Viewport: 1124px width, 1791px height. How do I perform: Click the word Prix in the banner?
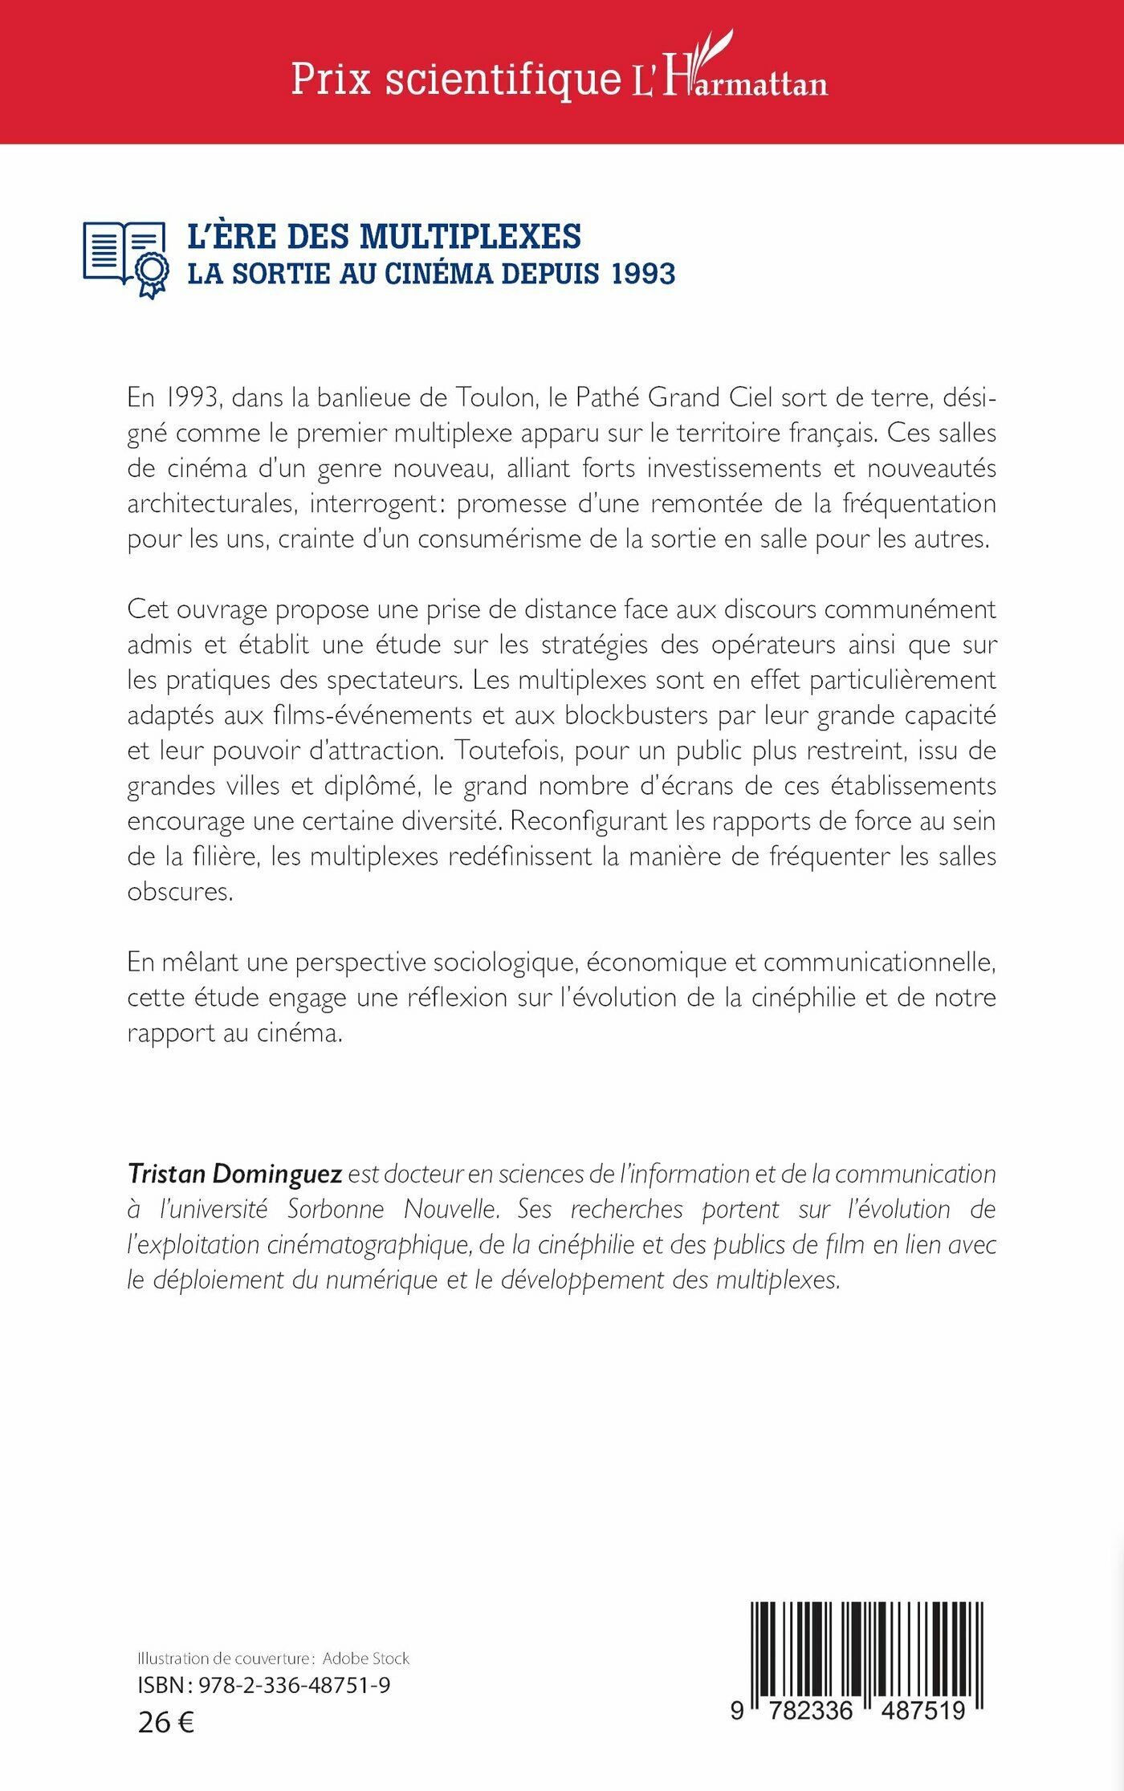pyautogui.click(x=330, y=79)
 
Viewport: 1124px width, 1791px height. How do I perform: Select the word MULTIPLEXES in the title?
pyautogui.click(x=470, y=237)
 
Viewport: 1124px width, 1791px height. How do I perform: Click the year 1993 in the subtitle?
pyautogui.click(x=642, y=274)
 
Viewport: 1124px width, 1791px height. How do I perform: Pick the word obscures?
pyautogui.click(x=180, y=892)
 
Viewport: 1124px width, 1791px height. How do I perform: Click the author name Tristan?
pyautogui.click(x=166, y=1174)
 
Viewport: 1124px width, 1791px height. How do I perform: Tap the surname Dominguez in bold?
pyautogui.click(x=277, y=1174)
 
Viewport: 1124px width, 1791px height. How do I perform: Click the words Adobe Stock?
pyautogui.click(x=365, y=1659)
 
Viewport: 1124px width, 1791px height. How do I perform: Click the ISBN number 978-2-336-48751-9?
pyautogui.click(x=294, y=1685)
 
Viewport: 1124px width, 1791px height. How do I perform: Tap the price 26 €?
pyautogui.click(x=166, y=1722)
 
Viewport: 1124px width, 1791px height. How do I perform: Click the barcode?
pyautogui.click(x=866, y=1655)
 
